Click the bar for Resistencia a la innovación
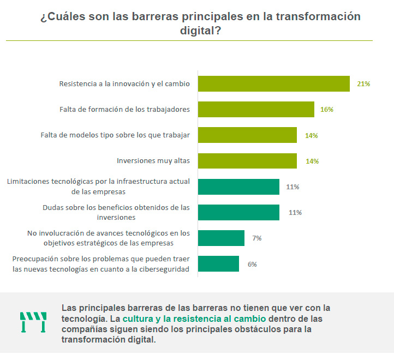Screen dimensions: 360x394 [x=273, y=83]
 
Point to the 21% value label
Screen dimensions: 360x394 [x=363, y=84]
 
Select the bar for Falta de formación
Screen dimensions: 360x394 [x=255, y=109]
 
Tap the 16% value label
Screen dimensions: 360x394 [x=327, y=110]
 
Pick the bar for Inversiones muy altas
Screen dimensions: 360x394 [x=247, y=161]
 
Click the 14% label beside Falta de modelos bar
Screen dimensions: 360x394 [x=312, y=135]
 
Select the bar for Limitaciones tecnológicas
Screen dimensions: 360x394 [x=238, y=187]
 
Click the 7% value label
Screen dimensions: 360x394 [x=256, y=238]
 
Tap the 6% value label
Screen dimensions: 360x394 [x=252, y=264]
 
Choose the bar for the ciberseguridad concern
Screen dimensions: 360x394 [x=218, y=264]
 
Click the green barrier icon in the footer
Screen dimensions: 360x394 [x=33, y=322]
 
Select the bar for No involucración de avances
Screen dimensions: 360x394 [x=221, y=238]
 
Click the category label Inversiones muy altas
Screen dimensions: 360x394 [x=153, y=161]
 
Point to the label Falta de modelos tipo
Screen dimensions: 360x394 [x=115, y=135]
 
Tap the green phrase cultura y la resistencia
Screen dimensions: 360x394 [x=194, y=318]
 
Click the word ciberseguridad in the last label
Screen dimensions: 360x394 [x=163, y=269]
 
